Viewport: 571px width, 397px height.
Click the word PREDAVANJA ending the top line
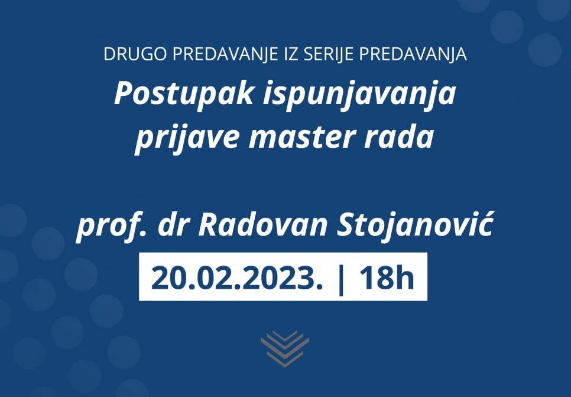click(413, 54)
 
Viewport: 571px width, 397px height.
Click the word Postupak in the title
click(184, 94)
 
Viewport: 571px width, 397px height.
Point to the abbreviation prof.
click(111, 227)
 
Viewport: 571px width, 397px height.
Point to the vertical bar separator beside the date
click(341, 279)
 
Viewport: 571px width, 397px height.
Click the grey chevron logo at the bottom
click(285, 349)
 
